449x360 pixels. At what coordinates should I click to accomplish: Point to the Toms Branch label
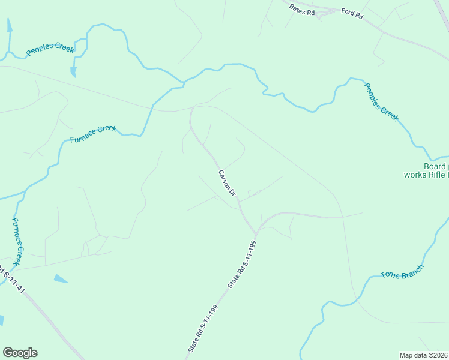click(402, 272)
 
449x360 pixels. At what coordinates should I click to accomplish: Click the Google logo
click(20, 353)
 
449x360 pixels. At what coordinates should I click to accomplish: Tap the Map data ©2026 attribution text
click(423, 355)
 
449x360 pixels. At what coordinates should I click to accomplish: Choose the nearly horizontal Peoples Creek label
click(50, 48)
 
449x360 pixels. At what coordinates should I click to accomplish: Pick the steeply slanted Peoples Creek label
click(381, 101)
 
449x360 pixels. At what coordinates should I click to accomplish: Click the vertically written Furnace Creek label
click(19, 242)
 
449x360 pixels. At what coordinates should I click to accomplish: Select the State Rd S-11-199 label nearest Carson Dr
click(243, 264)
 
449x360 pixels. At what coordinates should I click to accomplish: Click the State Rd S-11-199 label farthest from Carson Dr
click(202, 328)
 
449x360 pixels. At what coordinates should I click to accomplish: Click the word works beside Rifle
click(415, 175)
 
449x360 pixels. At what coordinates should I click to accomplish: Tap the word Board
click(434, 166)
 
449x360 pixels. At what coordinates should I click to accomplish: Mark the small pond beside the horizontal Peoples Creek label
click(73, 71)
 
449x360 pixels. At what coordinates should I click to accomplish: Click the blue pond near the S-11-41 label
click(61, 278)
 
